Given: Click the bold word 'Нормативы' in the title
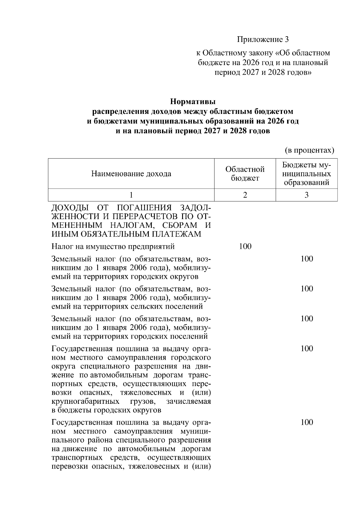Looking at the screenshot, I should click(193, 102).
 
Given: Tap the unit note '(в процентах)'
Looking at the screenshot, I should click(309, 150).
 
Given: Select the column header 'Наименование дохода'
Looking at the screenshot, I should click(131, 174).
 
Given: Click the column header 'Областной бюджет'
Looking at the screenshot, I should click(245, 174).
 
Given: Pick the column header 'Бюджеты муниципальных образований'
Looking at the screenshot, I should click(307, 174).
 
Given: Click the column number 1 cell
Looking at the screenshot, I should click(131, 195).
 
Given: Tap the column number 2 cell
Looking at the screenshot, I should click(245, 195).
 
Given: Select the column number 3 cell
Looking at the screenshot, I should click(307, 195).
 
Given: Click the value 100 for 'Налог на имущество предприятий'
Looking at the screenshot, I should click(245, 246).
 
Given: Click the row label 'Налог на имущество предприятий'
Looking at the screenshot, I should click(113, 246).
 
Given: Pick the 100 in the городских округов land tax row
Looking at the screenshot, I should click(307, 259).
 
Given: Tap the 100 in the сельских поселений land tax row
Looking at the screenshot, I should click(307, 289).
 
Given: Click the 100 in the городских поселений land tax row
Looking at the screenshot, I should click(307, 318).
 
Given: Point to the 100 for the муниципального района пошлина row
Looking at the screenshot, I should click(307, 422).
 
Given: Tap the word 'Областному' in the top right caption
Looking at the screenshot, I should click(223, 53).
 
